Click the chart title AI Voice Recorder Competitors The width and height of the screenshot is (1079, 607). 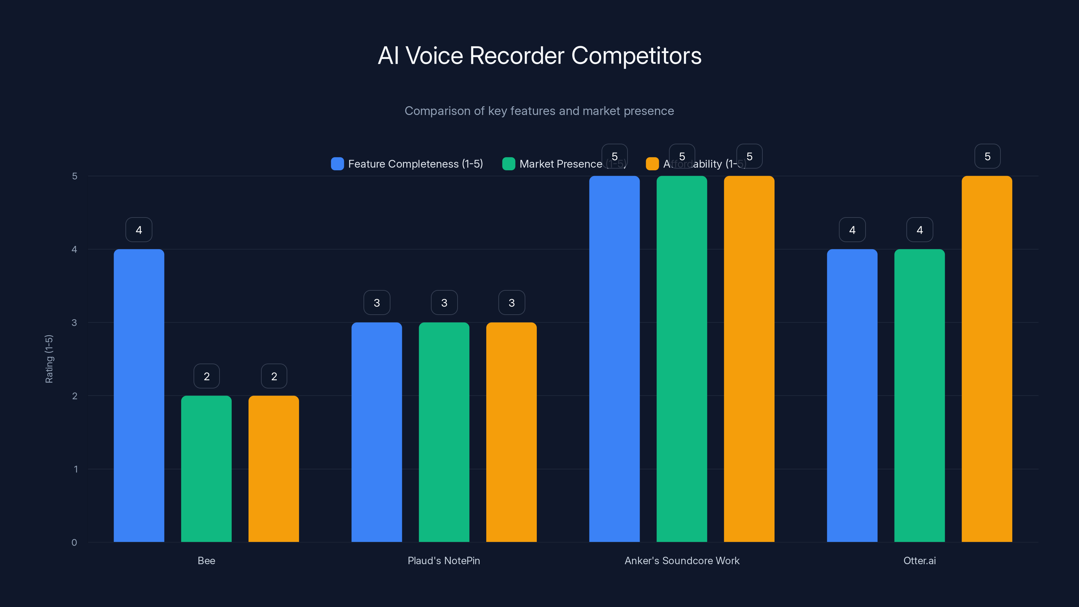pyautogui.click(x=539, y=56)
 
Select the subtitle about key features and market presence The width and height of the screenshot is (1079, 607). pyautogui.click(x=539, y=111)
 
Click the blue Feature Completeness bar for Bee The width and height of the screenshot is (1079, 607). pyautogui.click(x=139, y=396)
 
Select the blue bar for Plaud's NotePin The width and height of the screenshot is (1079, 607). pyautogui.click(x=377, y=432)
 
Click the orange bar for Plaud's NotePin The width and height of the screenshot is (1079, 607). pyautogui.click(x=511, y=432)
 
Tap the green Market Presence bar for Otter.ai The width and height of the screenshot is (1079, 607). pyautogui.click(x=920, y=396)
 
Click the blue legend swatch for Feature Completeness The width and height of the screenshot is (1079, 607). pyautogui.click(x=337, y=164)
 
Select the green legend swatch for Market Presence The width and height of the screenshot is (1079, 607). pyautogui.click(x=508, y=164)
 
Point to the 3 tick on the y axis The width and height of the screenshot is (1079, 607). pyautogui.click(x=74, y=323)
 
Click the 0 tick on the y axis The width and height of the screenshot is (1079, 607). pyautogui.click(x=74, y=543)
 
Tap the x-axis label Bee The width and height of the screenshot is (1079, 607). pyautogui.click(x=206, y=560)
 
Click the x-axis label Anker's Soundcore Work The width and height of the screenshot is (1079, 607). pyautogui.click(x=681, y=560)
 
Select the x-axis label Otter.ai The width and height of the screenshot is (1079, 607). pyautogui.click(x=920, y=560)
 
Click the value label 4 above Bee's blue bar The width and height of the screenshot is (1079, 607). pyautogui.click(x=139, y=230)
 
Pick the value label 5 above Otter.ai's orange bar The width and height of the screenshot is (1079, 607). pyautogui.click(x=987, y=156)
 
